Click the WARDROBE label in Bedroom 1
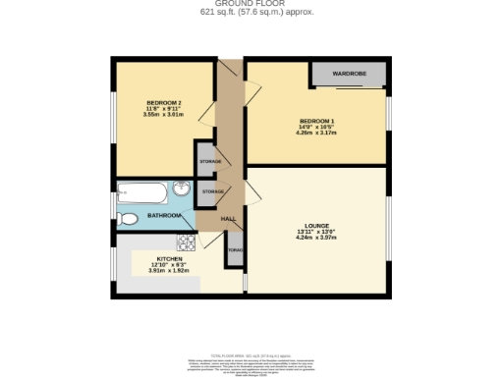(x=348, y=74)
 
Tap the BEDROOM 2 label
(x=164, y=103)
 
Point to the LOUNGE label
(x=316, y=225)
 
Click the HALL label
(x=229, y=218)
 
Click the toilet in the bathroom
(x=126, y=218)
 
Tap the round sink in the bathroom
(x=182, y=189)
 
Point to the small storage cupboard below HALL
(x=235, y=250)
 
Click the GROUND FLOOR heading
(x=251, y=4)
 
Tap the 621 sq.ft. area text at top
(x=251, y=12)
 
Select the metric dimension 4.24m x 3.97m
(x=316, y=238)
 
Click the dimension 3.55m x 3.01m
(x=164, y=115)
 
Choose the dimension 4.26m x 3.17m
(x=316, y=133)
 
